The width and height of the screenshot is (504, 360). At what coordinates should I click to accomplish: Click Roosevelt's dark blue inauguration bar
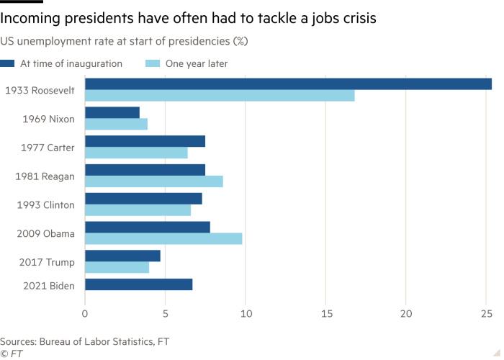click(x=288, y=84)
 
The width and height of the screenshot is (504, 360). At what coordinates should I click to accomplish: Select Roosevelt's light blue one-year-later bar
click(x=220, y=96)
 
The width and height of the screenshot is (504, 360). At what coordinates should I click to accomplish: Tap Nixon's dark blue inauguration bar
click(x=112, y=112)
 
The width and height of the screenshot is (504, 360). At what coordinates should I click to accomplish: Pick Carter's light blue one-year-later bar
click(x=137, y=153)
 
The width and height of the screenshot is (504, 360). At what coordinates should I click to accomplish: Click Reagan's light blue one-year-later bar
click(x=154, y=181)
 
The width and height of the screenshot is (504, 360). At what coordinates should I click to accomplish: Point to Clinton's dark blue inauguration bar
click(x=143, y=198)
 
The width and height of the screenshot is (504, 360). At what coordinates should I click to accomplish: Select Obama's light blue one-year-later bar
click(x=163, y=239)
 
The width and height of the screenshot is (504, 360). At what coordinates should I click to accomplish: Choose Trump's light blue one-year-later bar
click(x=117, y=268)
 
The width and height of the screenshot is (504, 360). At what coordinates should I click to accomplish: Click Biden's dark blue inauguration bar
click(x=139, y=284)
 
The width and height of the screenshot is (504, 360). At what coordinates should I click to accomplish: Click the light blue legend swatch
click(x=152, y=64)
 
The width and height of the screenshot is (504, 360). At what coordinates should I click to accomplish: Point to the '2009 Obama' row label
click(x=45, y=233)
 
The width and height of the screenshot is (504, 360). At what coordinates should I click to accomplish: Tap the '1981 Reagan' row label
click(x=45, y=176)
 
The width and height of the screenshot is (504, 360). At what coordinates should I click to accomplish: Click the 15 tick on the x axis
click(x=325, y=314)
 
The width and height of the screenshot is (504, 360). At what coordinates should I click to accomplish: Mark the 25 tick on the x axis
click(x=486, y=314)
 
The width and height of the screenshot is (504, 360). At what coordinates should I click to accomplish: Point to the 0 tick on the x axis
click(x=85, y=314)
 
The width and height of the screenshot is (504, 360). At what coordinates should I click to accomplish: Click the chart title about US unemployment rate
click(x=125, y=41)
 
